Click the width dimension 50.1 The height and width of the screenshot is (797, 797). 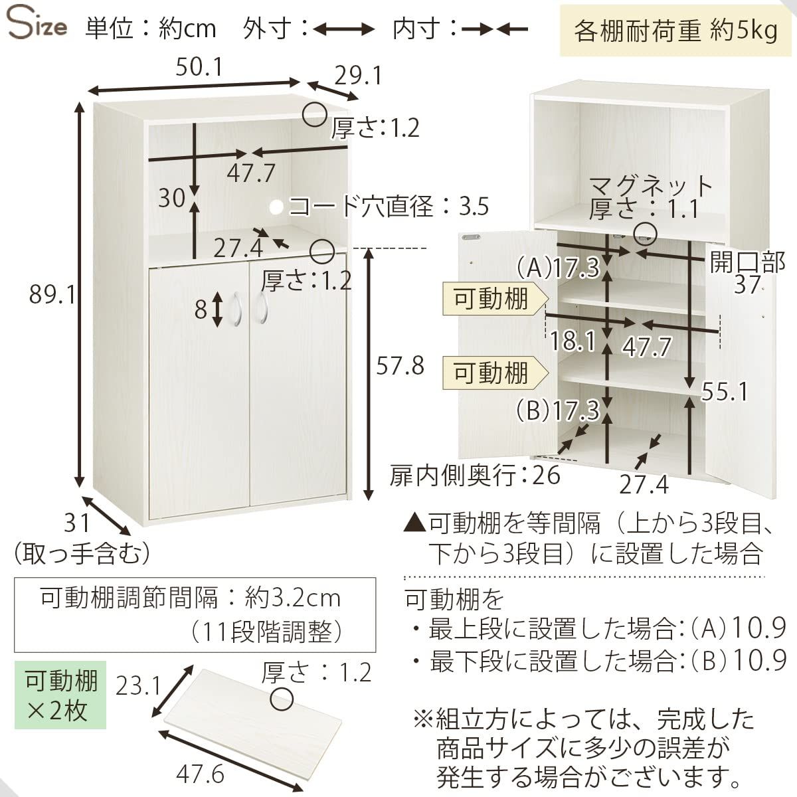(199, 67)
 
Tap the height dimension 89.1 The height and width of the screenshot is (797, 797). (52, 295)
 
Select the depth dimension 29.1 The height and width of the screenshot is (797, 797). (358, 76)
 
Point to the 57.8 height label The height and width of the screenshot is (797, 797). (400, 365)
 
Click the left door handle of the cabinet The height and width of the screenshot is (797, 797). (236, 310)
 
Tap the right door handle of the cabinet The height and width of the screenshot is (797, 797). (262, 308)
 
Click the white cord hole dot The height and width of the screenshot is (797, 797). (276, 207)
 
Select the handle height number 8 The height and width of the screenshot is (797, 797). (201, 310)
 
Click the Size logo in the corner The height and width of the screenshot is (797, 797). (37, 25)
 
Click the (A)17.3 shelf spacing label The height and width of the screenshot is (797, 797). (558, 267)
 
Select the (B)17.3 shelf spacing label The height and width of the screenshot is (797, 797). (558, 410)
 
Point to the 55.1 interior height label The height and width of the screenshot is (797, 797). (725, 391)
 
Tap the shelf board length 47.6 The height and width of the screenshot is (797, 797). (200, 774)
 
